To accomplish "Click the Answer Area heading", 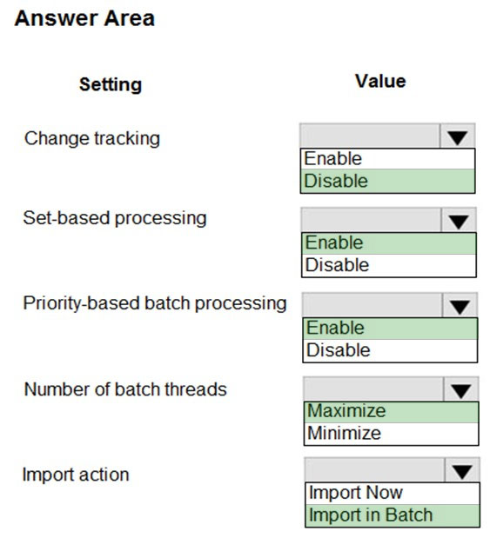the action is pyautogui.click(x=84, y=18).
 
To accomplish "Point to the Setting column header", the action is pyautogui.click(x=111, y=84).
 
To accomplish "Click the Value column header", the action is pyautogui.click(x=380, y=81).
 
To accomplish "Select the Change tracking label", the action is pyautogui.click(x=92, y=138).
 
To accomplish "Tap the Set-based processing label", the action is pyautogui.click(x=115, y=218).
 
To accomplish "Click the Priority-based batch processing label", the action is pyautogui.click(x=155, y=303).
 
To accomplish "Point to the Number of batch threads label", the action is pyautogui.click(x=125, y=389).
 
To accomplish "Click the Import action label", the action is pyautogui.click(x=76, y=475).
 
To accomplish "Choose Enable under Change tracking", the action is pyautogui.click(x=332, y=158).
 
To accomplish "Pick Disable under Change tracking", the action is pyautogui.click(x=336, y=181).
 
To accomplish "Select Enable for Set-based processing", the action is pyautogui.click(x=334, y=242).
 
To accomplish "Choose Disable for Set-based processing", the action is pyautogui.click(x=337, y=265).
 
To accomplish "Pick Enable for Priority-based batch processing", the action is pyautogui.click(x=335, y=328).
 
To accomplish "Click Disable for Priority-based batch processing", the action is pyautogui.click(x=338, y=350).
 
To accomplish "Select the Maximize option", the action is pyautogui.click(x=346, y=411).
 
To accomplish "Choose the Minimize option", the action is pyautogui.click(x=344, y=433).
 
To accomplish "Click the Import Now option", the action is pyautogui.click(x=356, y=493).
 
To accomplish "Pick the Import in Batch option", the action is pyautogui.click(x=371, y=515).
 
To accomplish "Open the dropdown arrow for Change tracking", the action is pyautogui.click(x=457, y=137).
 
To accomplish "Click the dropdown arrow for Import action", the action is pyautogui.click(x=462, y=471).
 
